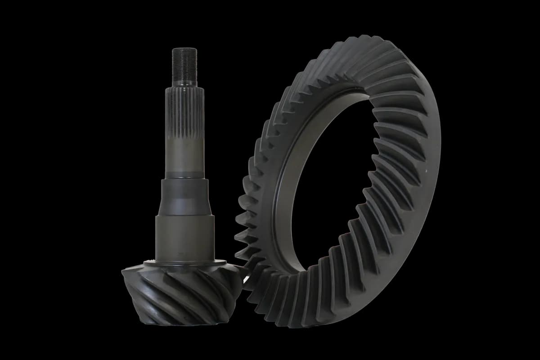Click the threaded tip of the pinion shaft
coord(184,65)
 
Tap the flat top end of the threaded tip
coord(184,49)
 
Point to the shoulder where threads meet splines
coord(184,85)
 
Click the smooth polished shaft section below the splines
coord(185,155)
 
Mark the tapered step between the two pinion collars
coord(186,215)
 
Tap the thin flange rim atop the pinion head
coord(184,263)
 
